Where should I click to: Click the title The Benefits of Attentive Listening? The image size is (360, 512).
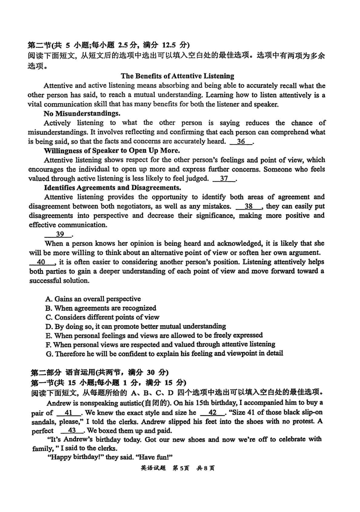[x=177, y=76]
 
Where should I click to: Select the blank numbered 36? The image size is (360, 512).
[x=241, y=141]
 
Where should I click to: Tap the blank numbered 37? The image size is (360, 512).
[x=224, y=178]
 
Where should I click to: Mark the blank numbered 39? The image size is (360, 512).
[x=58, y=234]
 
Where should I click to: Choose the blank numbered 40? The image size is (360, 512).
[x=41, y=262]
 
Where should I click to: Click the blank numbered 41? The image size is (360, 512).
[x=68, y=412]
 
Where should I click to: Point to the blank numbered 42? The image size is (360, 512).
[x=212, y=412]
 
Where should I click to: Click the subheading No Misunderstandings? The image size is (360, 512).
[x=82, y=113]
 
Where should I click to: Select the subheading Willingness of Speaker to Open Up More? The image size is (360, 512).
[x=112, y=150]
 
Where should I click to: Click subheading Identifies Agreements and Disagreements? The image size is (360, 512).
[x=112, y=188]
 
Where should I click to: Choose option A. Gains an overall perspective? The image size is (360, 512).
[x=93, y=299]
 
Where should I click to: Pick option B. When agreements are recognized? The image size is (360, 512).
[x=101, y=308]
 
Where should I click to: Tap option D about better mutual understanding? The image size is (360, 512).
[x=135, y=326]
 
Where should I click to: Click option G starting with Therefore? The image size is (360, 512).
[x=164, y=354]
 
